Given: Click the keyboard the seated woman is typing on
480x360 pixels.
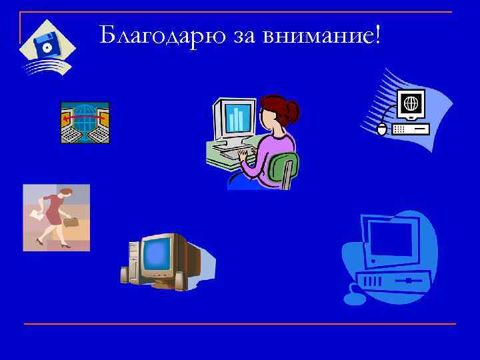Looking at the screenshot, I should pyautogui.click(x=233, y=155).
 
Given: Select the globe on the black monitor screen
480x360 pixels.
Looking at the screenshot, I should pyautogui.click(x=411, y=104).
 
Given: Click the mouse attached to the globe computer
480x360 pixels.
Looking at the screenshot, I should pyautogui.click(x=381, y=129).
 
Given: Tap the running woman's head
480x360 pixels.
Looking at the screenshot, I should pyautogui.click(x=65, y=193).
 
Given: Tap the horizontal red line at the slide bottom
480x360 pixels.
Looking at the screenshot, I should pyautogui.click(x=240, y=324).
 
